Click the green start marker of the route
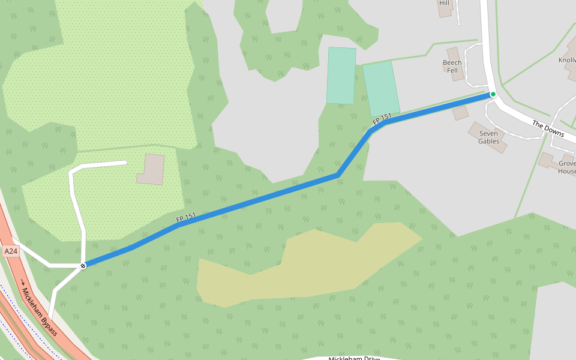pos(493,94)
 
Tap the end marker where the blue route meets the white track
pos(83,265)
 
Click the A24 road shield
pos(11,252)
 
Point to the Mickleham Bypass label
pos(41,311)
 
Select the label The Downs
pos(548,128)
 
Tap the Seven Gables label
pos(488,137)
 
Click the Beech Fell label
pos(452,67)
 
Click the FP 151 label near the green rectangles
pos(382,119)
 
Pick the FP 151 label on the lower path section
pos(186,219)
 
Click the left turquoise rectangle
pos(341,76)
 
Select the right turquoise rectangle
pos(381,88)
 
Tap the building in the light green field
pos(151,169)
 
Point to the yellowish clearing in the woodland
pos(300,267)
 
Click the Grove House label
pos(567,167)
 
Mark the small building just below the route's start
pos(460,112)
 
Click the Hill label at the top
pos(444,3)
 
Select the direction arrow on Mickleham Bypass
pos(23,282)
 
